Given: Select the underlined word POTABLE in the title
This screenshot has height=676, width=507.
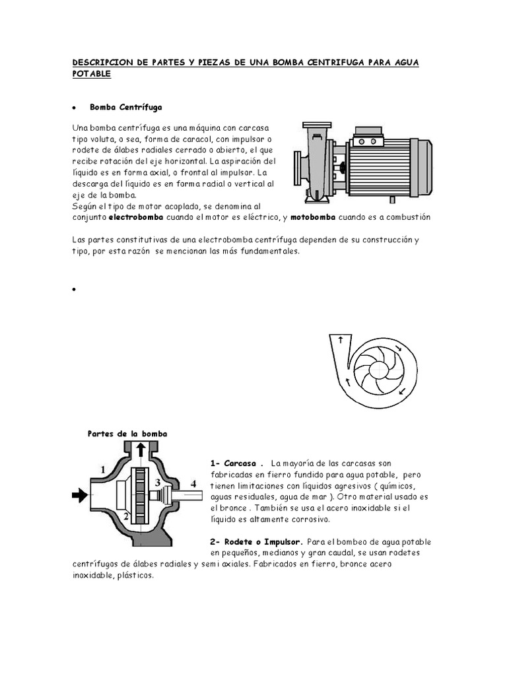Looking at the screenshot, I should (x=91, y=74).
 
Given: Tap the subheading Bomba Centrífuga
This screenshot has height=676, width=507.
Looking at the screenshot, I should (x=125, y=107).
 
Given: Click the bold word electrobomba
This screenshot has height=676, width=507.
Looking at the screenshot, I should (x=137, y=217).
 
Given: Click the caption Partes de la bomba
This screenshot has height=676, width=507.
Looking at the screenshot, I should (x=127, y=434).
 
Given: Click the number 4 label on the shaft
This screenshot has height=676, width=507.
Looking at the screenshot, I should (x=193, y=484).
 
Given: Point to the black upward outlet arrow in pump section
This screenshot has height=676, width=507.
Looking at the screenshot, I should (x=141, y=450).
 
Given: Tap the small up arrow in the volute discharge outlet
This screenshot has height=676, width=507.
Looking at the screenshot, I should (x=341, y=340).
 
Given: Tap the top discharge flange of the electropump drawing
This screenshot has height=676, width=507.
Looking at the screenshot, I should (x=317, y=125).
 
